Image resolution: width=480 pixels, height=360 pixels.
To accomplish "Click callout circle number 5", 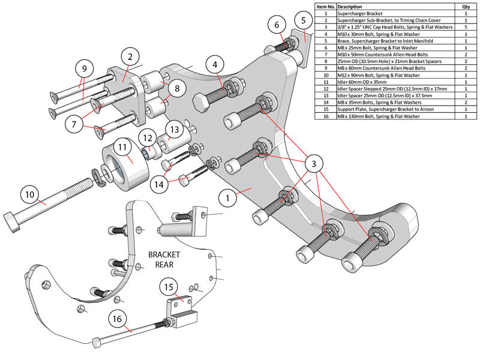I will coord(304,20).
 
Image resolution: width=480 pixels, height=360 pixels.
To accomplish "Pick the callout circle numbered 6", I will coord(277,25).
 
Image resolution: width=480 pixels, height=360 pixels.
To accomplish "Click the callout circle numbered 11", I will coord(121,146).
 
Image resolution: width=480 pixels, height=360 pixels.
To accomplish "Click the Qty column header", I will coord(466,7).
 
